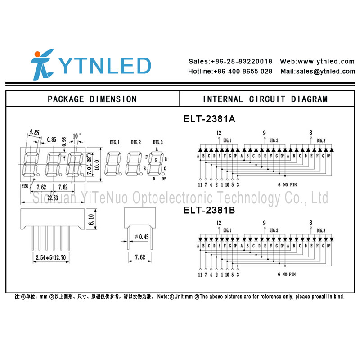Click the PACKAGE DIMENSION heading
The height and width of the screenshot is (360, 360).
92,99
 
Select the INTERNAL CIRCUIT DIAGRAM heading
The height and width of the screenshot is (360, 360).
265,99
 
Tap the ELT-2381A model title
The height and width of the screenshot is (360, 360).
209,119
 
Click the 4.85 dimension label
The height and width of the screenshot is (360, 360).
34,132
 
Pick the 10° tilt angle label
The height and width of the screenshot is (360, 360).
77,134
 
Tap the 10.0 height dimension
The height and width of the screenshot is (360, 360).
97,165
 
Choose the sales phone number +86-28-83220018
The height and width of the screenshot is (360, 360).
230,61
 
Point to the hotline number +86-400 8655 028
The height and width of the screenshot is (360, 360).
230,71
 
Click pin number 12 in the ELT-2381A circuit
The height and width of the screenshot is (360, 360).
219,133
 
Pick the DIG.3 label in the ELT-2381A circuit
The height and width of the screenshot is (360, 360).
320,140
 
